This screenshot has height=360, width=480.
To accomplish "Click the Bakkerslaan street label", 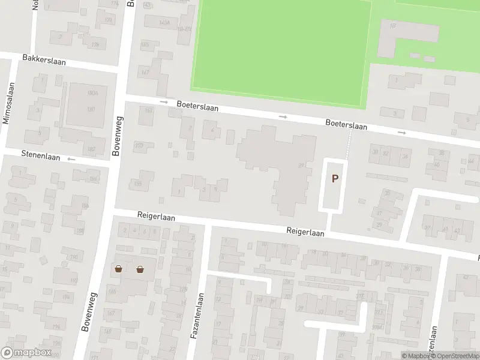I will click(x=44, y=60).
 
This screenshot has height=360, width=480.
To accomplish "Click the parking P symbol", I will click(x=335, y=178).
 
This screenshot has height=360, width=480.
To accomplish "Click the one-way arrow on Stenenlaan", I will click(x=71, y=159).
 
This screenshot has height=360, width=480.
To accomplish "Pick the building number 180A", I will click(x=92, y=94).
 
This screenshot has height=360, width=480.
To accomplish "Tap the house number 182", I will click(x=92, y=149).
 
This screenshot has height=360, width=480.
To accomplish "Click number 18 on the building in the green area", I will click(x=393, y=26).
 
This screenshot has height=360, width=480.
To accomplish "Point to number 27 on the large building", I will click(x=301, y=166).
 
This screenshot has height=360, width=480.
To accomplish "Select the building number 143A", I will click(x=165, y=22).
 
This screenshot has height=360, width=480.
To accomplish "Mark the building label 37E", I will click(x=361, y=295).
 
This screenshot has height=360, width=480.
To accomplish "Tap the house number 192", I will click(x=74, y=280).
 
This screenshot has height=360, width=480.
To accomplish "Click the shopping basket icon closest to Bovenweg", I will click(x=119, y=269).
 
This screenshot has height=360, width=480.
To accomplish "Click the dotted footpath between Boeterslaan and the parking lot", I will click(x=349, y=144).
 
